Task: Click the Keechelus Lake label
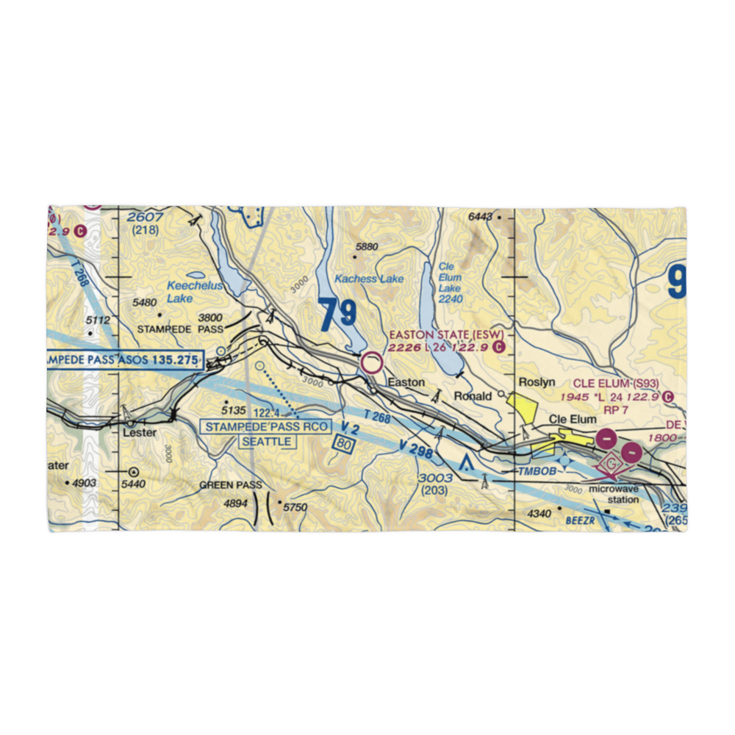[x=194, y=292]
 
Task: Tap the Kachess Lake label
[x=369, y=279]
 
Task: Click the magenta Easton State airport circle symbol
[x=373, y=363]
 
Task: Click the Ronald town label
[x=473, y=396]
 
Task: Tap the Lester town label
[x=139, y=433]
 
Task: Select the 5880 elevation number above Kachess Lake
[x=366, y=247]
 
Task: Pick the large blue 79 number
[x=338, y=315]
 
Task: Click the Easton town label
[x=406, y=383]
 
